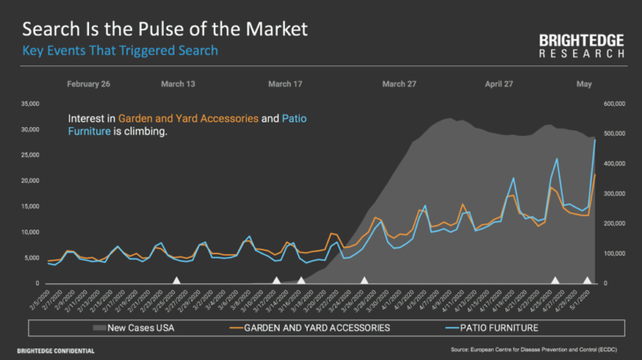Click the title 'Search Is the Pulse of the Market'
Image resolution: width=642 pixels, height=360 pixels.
point(165,28)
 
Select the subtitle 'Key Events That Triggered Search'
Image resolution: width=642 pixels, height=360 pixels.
point(120,50)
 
